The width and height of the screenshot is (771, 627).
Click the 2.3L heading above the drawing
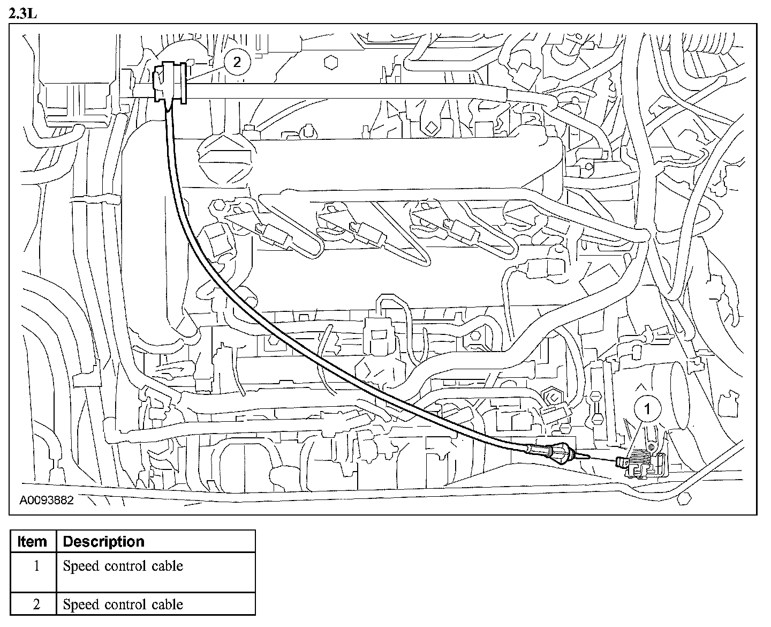[23, 13]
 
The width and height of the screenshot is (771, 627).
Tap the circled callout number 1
[647, 409]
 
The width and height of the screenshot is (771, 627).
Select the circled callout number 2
[237, 62]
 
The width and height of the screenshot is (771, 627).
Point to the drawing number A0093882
[47, 501]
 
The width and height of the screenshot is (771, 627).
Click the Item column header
[32, 541]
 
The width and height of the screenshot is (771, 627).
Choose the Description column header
[103, 541]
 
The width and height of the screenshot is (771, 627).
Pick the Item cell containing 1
[36, 566]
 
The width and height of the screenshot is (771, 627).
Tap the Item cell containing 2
[36, 604]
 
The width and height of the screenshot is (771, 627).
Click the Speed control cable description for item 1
[123, 566]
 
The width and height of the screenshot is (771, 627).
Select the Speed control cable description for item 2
[123, 604]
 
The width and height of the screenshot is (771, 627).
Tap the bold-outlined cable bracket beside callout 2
[170, 81]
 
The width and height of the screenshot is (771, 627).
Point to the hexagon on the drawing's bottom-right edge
[684, 499]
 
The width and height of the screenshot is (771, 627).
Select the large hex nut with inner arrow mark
[551, 397]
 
